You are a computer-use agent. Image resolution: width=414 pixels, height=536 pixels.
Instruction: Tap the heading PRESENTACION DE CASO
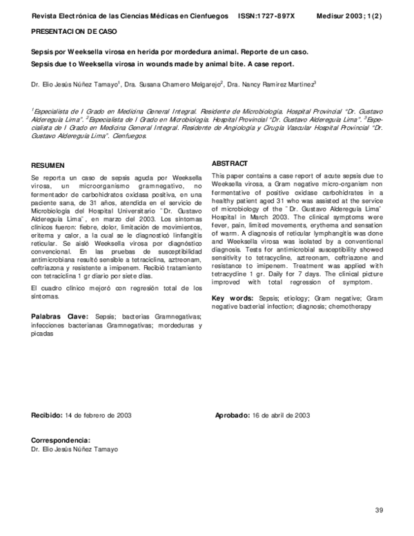(x=74, y=32)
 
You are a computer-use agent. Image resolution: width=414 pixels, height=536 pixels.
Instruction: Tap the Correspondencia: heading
(x=61, y=440)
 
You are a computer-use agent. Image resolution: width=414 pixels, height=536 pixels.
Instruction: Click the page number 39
(x=378, y=509)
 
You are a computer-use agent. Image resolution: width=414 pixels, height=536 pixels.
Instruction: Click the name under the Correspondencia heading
(x=75, y=449)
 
